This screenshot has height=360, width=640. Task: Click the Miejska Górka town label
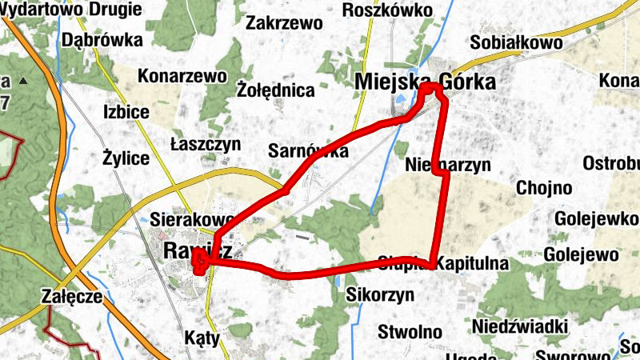click(x=424, y=82)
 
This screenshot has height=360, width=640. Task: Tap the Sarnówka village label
click(x=308, y=150)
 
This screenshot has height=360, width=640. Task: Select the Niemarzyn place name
click(x=447, y=166)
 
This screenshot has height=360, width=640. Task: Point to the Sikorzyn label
click(x=380, y=294)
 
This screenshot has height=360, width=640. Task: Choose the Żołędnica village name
click(x=276, y=90)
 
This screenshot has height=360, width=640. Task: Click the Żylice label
click(x=126, y=158)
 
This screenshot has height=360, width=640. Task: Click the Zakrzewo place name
click(x=284, y=22)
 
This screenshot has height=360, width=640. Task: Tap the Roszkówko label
click(x=386, y=10)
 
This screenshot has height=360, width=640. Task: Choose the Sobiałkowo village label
click(x=517, y=42)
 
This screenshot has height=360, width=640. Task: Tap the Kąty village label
click(x=202, y=338)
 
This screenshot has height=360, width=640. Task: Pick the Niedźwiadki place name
click(x=520, y=326)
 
